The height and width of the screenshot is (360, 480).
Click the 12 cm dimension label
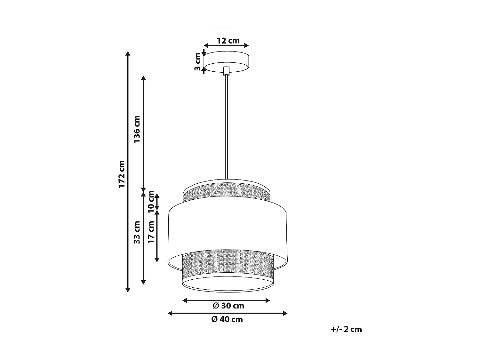coord(228,41)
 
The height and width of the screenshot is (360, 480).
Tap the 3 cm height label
coord(198,62)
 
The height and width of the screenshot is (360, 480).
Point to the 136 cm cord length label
coord(137,129)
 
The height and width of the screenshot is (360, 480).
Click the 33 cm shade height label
coord(137,232)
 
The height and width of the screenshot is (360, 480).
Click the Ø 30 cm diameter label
coord(228,306)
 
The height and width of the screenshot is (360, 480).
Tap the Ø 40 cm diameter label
coord(227,319)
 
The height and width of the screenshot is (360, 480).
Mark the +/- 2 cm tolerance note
coord(347,329)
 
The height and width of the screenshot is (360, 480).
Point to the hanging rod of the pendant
coord(227,128)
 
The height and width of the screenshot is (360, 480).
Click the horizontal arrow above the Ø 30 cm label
coord(226,300)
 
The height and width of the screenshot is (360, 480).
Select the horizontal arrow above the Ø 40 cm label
coord(228,313)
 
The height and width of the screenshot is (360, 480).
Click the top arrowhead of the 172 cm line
coord(128,54)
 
